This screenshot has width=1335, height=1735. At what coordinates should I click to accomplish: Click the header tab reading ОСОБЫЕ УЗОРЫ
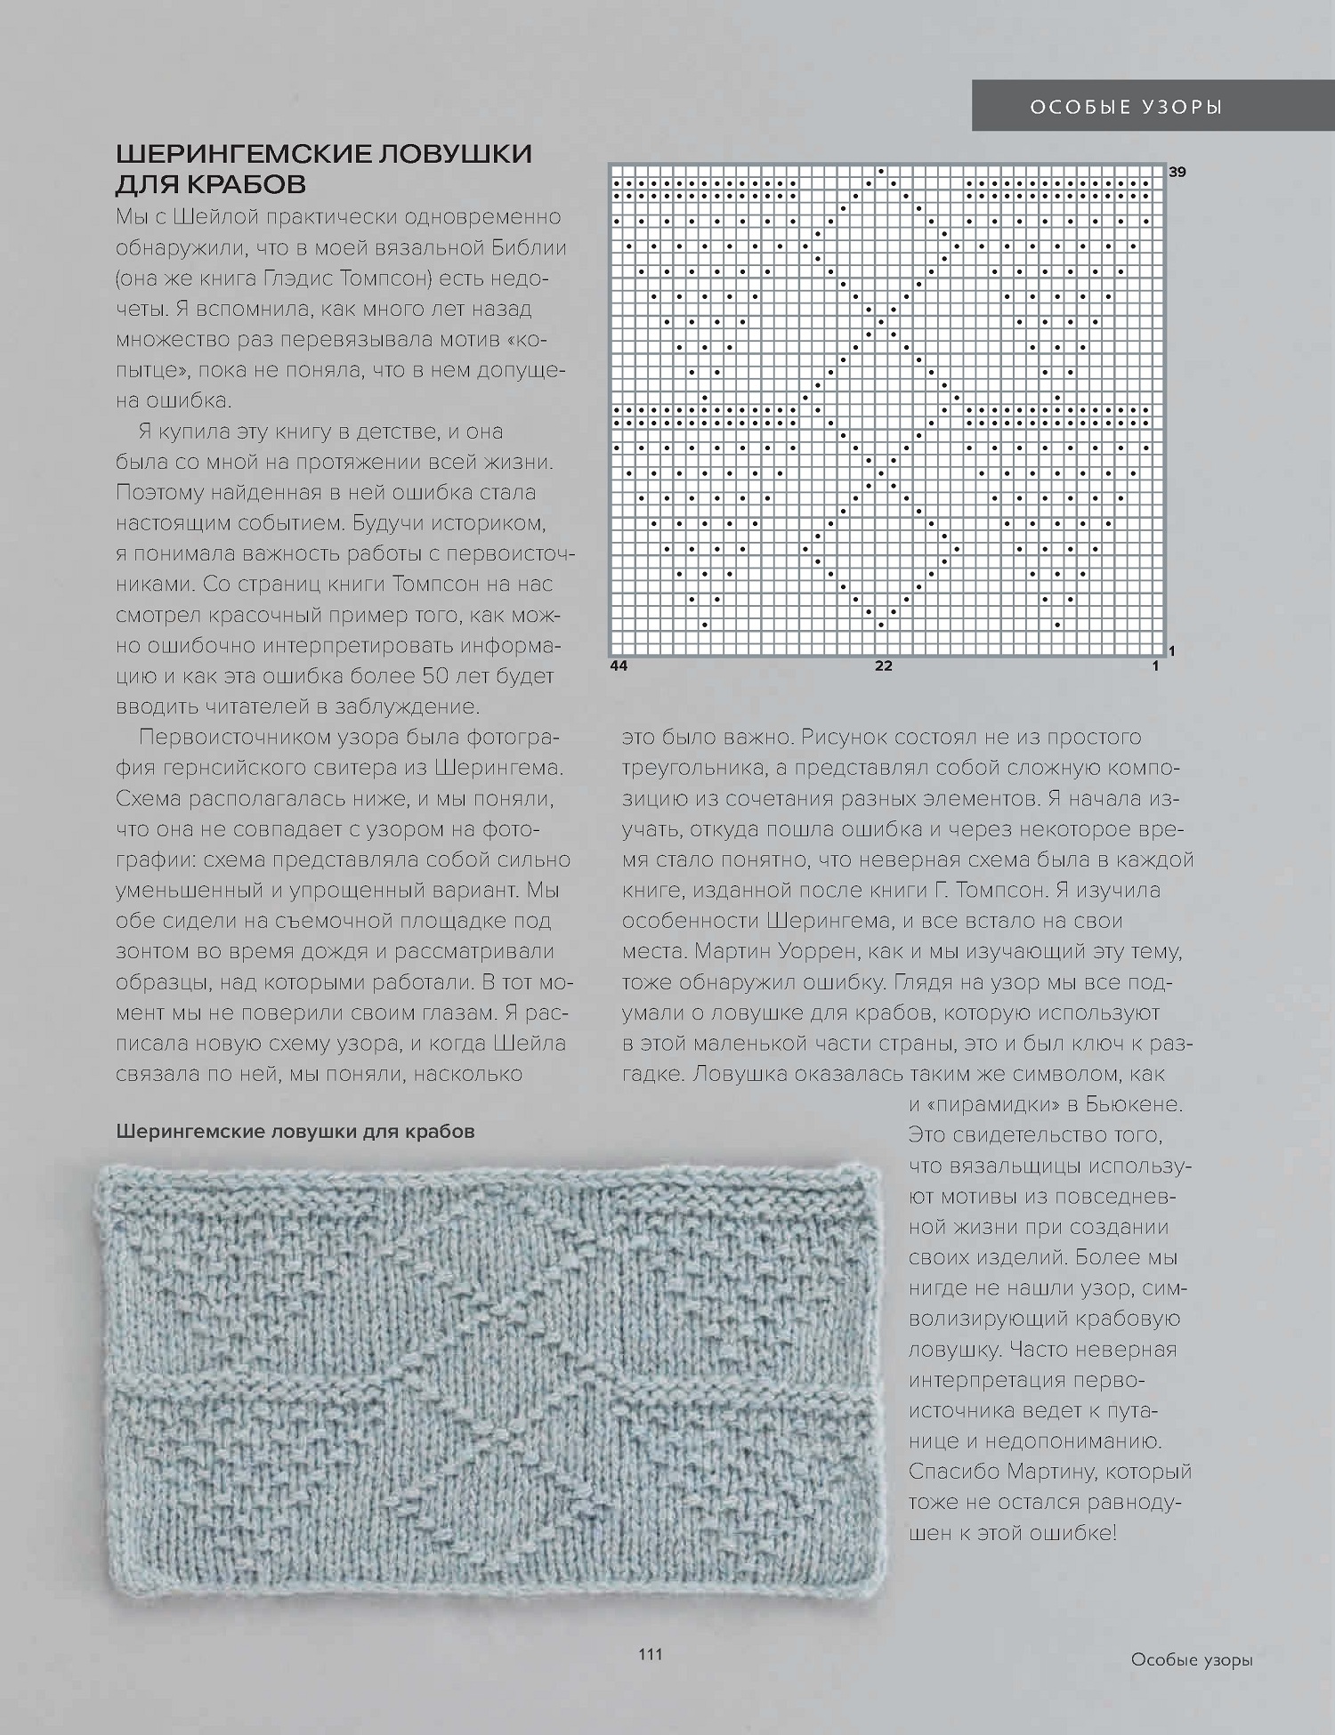1127,108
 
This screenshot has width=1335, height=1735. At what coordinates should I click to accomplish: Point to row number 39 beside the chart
1177,173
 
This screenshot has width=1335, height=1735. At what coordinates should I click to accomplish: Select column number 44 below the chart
619,666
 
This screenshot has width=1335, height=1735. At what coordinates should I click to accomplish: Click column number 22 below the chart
883,666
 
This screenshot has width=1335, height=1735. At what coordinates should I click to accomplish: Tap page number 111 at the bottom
651,1654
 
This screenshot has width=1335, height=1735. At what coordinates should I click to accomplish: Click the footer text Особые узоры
1192,1659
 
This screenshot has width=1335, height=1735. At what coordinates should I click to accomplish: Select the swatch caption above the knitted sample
295,1132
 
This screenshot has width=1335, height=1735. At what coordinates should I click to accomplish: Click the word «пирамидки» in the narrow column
991,1105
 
